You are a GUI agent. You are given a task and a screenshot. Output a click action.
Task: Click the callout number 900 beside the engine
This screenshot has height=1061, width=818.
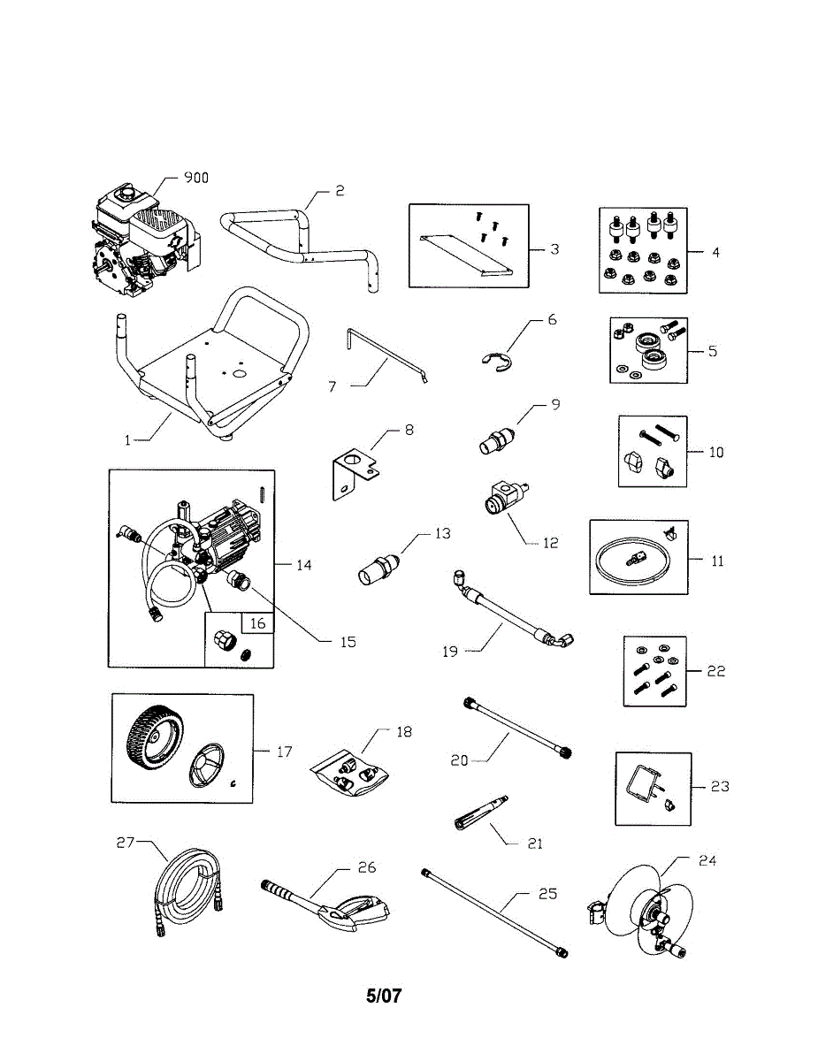click(195, 178)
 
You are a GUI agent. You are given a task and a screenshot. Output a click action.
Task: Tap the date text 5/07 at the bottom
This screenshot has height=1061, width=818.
click(384, 996)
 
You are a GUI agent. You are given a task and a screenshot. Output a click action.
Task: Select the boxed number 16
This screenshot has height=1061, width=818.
click(257, 623)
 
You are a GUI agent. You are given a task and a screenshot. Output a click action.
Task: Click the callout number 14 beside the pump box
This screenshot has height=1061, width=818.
click(304, 565)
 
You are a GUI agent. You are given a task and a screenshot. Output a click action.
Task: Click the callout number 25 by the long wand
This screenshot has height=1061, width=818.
click(547, 894)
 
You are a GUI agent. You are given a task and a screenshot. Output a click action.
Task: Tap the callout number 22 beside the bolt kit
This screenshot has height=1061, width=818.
click(715, 671)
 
